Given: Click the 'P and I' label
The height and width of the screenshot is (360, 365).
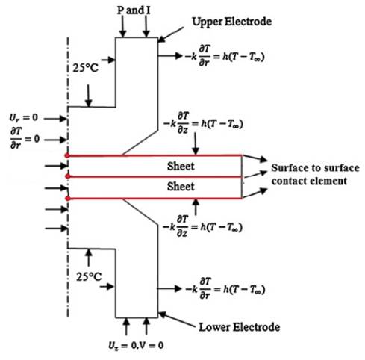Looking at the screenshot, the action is click(x=134, y=10).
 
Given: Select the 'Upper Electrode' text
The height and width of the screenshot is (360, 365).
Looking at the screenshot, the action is click(x=231, y=22).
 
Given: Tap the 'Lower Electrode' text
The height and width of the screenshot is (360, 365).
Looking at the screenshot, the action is click(x=239, y=327).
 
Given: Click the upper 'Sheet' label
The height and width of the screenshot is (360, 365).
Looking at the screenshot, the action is click(x=181, y=166).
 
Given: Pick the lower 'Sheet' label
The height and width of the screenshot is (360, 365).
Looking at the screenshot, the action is click(x=181, y=187).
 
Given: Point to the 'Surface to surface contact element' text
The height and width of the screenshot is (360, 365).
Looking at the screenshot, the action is click(x=315, y=174).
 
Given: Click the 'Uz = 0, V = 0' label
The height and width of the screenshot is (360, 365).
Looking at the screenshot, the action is click(x=136, y=346).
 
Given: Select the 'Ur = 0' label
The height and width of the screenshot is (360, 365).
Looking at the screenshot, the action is click(x=24, y=117).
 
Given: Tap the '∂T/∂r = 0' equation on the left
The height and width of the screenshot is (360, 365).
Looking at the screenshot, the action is click(x=25, y=138).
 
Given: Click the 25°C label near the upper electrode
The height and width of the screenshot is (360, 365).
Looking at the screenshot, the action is click(x=85, y=68).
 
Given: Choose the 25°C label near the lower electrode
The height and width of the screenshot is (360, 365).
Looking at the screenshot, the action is click(x=89, y=276).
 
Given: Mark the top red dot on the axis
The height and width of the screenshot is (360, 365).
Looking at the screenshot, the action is click(x=67, y=155).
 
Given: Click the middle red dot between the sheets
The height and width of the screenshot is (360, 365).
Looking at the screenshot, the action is click(x=67, y=176).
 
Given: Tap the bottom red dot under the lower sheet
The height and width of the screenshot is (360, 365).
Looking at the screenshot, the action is click(x=67, y=199).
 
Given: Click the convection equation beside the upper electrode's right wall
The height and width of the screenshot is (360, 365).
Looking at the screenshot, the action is click(x=224, y=56).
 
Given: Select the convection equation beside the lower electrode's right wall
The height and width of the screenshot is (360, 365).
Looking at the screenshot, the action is click(x=225, y=289).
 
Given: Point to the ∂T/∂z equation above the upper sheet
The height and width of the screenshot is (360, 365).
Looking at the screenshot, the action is click(x=203, y=123).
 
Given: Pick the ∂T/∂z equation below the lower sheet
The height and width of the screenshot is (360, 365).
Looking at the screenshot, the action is click(x=202, y=226).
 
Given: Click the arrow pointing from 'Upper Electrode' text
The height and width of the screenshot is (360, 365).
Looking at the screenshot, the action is click(x=171, y=34).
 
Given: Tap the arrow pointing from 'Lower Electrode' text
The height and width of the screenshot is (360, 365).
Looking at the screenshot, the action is click(x=176, y=320).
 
